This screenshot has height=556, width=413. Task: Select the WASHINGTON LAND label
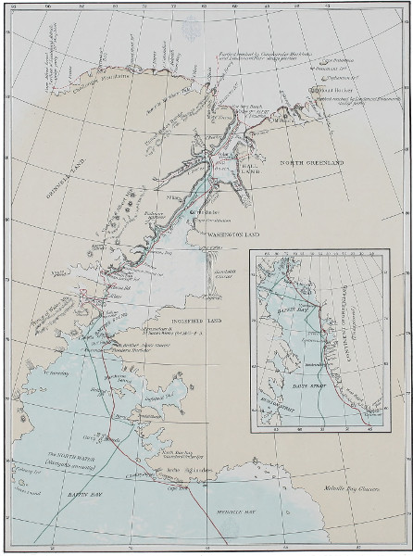tap(232, 235)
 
